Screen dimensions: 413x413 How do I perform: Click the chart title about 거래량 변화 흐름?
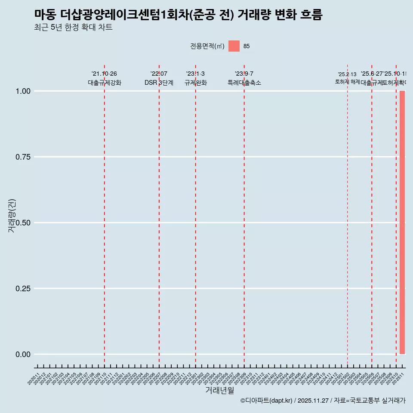point(178,15)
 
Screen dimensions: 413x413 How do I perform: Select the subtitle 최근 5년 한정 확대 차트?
point(73,28)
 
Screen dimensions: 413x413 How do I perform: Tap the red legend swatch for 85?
point(234,46)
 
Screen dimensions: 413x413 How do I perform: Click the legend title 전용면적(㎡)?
point(207,46)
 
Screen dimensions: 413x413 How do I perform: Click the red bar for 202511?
point(402,222)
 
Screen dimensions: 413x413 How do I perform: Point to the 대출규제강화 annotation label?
point(105,83)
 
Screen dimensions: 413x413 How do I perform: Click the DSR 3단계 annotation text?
point(159,83)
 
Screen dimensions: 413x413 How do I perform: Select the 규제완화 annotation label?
point(196,83)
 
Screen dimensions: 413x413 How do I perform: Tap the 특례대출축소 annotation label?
point(244,83)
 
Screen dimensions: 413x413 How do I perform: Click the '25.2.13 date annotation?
point(347,74)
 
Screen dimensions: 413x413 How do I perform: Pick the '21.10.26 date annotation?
point(104,74)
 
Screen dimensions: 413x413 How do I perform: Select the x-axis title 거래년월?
point(219,390)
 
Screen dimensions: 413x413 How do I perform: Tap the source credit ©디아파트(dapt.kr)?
point(266,401)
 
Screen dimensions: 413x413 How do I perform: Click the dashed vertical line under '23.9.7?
point(244,215)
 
